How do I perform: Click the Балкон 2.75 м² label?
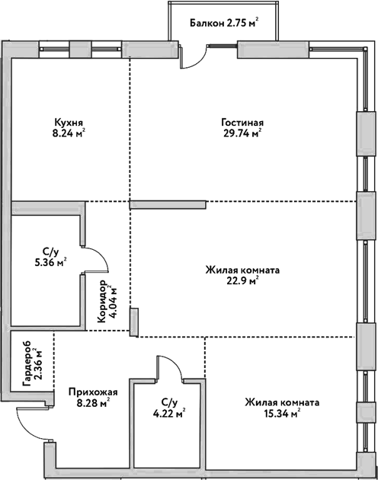point(223,23)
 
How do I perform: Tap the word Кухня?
point(68,122)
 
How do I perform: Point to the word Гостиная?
point(242,122)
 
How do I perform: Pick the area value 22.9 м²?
point(242,280)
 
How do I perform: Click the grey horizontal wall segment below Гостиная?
point(168,203)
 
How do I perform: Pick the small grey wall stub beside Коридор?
point(133,322)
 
